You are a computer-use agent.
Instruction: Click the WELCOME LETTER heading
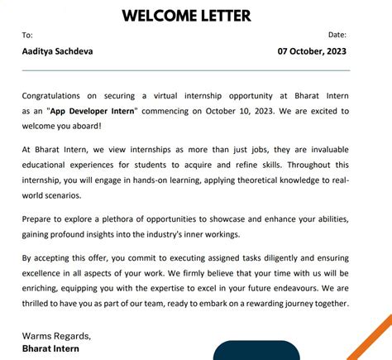pos(186,15)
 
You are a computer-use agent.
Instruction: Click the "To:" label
pos(27,35)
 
